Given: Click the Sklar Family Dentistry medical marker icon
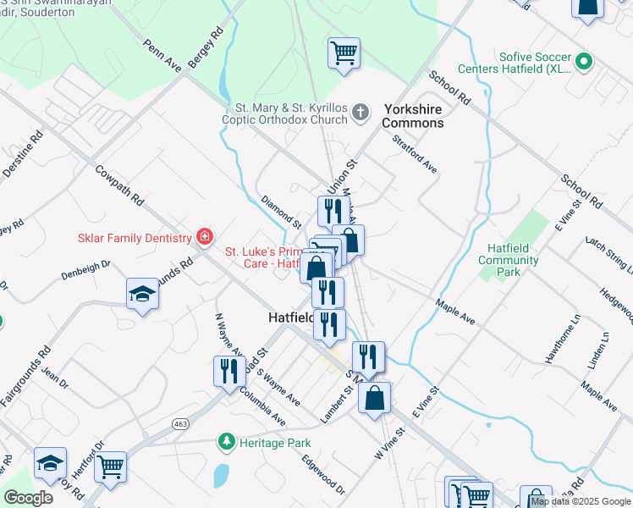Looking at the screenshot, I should tap(204, 236).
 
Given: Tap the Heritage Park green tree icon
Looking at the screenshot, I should tap(226, 442).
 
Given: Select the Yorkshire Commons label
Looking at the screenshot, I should tap(413, 116).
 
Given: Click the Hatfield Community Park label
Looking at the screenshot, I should tap(508, 260).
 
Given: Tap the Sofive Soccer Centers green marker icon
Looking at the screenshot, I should tap(583, 62).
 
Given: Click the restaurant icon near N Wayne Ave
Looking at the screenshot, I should tap(229, 371).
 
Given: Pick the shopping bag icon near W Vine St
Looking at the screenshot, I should tap(374, 398).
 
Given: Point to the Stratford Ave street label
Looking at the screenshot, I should tap(415, 153).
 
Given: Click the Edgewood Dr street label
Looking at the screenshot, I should tap(323, 475).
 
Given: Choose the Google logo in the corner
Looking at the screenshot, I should tap(28, 497).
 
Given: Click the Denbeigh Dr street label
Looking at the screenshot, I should tap(85, 270).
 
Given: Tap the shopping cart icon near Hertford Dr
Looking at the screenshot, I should tap(111, 466).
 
